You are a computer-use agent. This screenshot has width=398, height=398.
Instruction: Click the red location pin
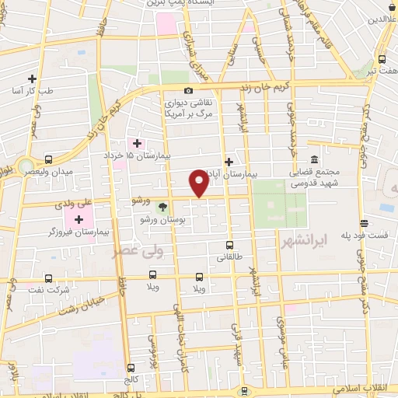pos(200,183)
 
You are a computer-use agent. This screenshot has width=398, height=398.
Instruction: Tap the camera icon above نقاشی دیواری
pos(187,89)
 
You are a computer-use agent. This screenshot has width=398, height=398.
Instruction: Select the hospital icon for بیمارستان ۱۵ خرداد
pos(137,143)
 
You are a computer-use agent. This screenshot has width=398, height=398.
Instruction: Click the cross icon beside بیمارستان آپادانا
pos(228,162)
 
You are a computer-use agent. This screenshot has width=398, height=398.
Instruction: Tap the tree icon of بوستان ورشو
pos(162,207)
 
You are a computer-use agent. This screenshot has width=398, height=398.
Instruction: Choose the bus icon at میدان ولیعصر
pos(49,159)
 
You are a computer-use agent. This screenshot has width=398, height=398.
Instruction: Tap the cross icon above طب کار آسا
pos(32,79)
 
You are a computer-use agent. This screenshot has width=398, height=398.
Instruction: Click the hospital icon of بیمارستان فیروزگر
pos(79,219)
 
